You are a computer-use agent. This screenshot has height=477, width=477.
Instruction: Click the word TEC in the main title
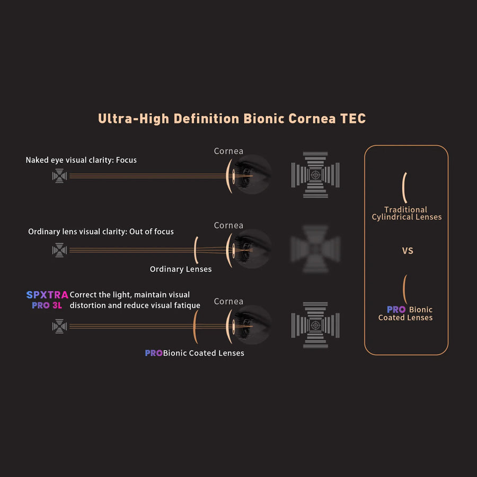tap(353, 119)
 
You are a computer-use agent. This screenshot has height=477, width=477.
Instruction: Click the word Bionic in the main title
tap(263, 119)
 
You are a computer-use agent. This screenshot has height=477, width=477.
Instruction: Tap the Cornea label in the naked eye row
tap(228, 151)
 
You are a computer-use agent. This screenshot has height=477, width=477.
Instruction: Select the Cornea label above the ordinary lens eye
tap(228, 225)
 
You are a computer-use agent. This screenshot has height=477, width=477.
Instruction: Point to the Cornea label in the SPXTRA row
tap(228, 301)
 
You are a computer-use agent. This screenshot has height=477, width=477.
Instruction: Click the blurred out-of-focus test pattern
tap(315, 249)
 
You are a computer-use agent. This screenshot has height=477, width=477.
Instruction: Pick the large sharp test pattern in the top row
tap(315, 174)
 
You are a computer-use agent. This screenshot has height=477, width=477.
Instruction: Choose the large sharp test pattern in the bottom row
tap(315, 325)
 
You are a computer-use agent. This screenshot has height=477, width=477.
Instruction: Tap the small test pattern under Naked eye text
tap(59, 175)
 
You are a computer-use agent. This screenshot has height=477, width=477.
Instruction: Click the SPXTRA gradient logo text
tap(47, 295)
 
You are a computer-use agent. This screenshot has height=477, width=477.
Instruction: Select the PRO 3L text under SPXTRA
tap(47, 305)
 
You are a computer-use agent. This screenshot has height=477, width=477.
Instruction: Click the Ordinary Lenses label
tap(181, 269)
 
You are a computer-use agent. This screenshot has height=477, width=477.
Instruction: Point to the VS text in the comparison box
tap(408, 251)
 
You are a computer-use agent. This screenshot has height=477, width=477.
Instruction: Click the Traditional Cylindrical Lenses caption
tap(407, 213)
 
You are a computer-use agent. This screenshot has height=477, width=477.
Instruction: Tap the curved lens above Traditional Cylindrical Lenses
tap(404, 188)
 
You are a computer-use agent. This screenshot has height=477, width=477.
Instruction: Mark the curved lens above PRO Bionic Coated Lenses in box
tap(404, 289)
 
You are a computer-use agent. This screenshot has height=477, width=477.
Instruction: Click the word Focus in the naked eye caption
tap(126, 160)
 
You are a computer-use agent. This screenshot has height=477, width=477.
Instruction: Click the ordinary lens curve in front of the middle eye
tap(196, 250)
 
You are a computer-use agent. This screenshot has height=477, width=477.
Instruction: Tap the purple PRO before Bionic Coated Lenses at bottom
tap(154, 353)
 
